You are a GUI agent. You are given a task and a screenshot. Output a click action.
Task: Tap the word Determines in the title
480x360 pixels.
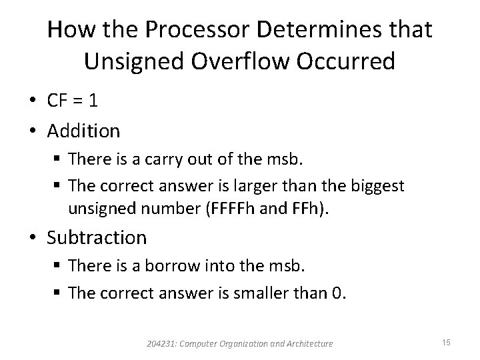(x=317, y=29)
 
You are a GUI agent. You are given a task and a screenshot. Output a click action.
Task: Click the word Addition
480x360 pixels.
(x=84, y=130)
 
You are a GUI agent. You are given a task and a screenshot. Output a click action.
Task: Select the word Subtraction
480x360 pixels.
(x=97, y=237)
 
